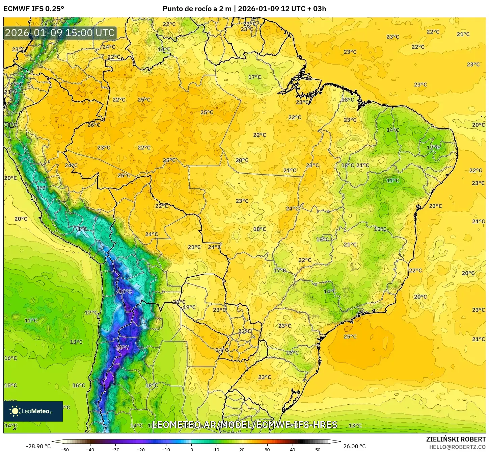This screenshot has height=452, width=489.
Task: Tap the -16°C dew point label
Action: click(x=124, y=291)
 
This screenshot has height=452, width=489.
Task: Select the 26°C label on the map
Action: click(x=94, y=125)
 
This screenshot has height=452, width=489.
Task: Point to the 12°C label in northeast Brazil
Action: click(x=433, y=148)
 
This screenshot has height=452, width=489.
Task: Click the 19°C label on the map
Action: click(x=189, y=307)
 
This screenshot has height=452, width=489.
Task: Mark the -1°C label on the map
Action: click(x=81, y=229)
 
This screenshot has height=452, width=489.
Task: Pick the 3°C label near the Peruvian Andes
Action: click(x=41, y=188)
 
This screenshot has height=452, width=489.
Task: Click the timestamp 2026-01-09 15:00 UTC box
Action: click(x=60, y=33)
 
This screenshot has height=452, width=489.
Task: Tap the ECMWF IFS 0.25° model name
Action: click(x=34, y=9)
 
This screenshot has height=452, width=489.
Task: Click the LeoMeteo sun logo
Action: click(x=15, y=411)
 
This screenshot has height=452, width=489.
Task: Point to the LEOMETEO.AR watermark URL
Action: click(x=244, y=425)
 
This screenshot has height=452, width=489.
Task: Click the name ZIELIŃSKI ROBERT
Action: click(x=456, y=439)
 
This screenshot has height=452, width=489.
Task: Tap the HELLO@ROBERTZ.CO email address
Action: click(x=457, y=447)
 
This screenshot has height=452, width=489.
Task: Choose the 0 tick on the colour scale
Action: click(x=191, y=450)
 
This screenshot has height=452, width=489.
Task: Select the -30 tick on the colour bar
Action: click(x=115, y=450)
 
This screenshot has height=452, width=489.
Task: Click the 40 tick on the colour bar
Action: click(x=292, y=450)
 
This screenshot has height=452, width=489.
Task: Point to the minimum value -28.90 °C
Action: click(x=38, y=446)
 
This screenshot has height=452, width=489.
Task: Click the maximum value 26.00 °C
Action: click(x=354, y=446)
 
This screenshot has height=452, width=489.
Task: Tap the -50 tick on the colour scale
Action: click(x=65, y=450)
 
